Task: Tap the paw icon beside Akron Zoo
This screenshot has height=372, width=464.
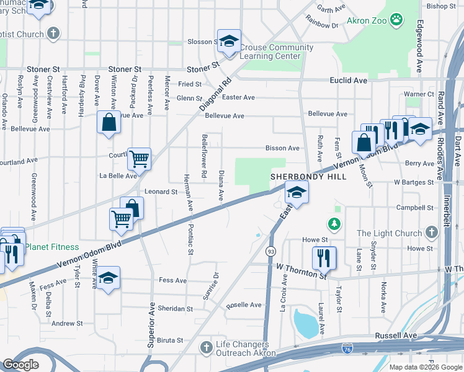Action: pos(396,21)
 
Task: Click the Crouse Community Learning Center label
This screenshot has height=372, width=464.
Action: pos(270,51)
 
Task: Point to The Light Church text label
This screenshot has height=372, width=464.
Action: pos(390,234)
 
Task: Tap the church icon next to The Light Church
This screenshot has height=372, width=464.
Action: pos(432,234)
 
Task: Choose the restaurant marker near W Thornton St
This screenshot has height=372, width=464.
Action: pos(324,257)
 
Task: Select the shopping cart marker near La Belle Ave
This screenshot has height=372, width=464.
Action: pos(139,159)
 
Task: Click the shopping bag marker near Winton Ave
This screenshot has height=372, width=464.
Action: pos(109,122)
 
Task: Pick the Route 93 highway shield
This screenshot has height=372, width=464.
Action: pos(270,251)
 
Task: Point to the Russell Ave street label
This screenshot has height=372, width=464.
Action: pos(395,335)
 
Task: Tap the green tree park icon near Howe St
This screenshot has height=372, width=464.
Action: pos(334,223)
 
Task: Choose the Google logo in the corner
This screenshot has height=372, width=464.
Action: pos(21,365)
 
